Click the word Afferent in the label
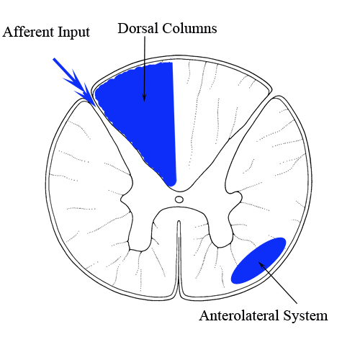click(x=29, y=32)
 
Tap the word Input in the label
click(x=74, y=33)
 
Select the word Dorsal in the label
click(x=138, y=28)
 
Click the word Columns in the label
click(x=189, y=28)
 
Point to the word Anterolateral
click(x=239, y=315)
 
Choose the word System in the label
click(x=305, y=316)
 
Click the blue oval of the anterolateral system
click(x=258, y=261)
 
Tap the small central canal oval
click(x=179, y=199)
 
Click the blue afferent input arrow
click(x=74, y=82)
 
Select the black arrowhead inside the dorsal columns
click(x=144, y=97)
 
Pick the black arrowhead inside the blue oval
click(x=261, y=264)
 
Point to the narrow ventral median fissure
click(x=179, y=259)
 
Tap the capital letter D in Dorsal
click(x=123, y=28)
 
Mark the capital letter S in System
click(x=287, y=315)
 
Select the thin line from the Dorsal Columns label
click(x=145, y=69)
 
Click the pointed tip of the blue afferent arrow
click(x=96, y=107)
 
